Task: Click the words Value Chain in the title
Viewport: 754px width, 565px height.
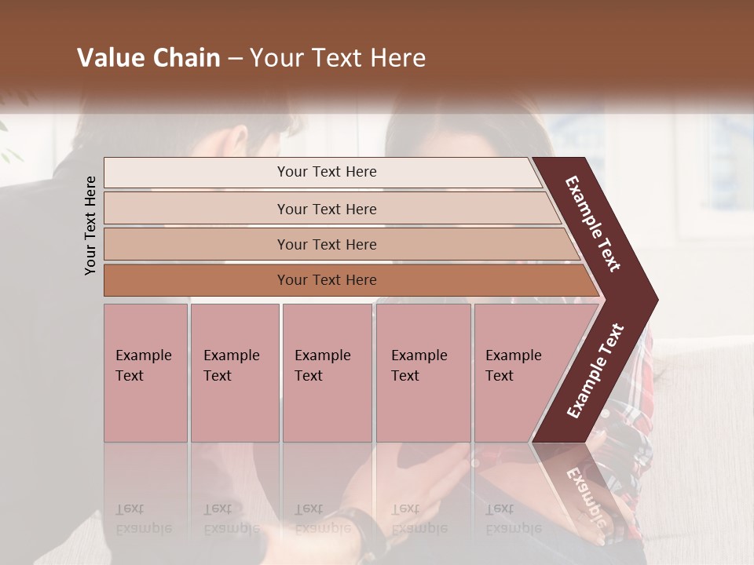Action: tap(148, 58)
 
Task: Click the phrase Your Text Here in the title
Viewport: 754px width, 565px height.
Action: tap(338, 58)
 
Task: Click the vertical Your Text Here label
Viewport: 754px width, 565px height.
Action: tap(90, 225)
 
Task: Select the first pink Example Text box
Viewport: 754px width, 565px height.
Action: tap(145, 373)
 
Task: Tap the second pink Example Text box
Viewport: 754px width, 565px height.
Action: tap(234, 373)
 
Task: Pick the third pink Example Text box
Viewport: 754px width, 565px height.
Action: tap(327, 373)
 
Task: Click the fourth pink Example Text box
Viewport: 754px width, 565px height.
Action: tap(423, 373)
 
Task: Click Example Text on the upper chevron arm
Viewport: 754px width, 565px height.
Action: tap(593, 224)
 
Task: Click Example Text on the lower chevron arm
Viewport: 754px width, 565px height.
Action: tap(595, 370)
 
